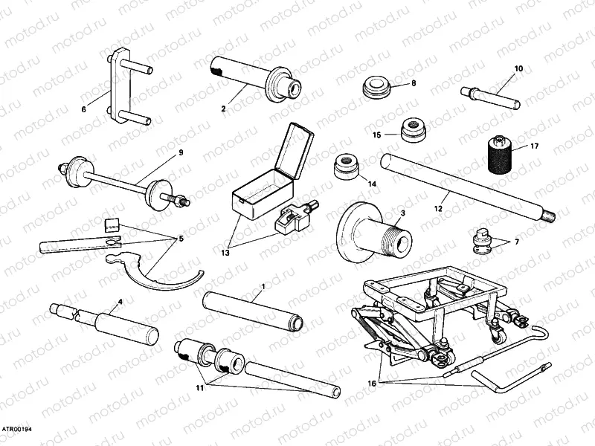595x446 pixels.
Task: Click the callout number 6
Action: point(83,109)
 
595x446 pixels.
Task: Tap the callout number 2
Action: point(223,109)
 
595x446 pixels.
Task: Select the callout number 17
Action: point(534,146)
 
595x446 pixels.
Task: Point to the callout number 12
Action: point(438,209)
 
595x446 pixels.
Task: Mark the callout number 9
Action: point(180,152)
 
